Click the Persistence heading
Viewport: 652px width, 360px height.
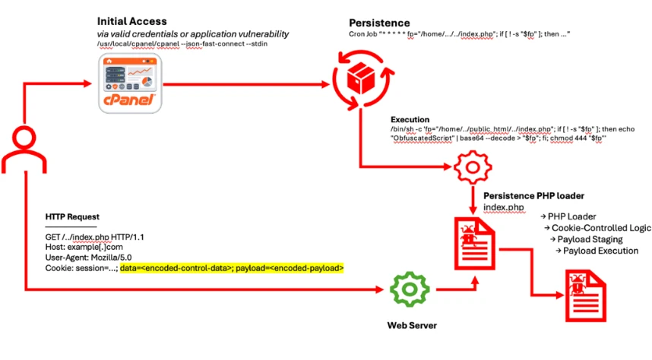pyautogui.click(x=379, y=24)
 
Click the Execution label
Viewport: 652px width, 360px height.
pyautogui.click(x=410, y=119)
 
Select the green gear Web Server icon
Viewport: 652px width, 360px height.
pyautogui.click(x=406, y=290)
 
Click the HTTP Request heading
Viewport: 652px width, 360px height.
pyautogui.click(x=72, y=217)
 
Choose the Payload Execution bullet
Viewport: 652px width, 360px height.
pyautogui.click(x=600, y=251)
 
